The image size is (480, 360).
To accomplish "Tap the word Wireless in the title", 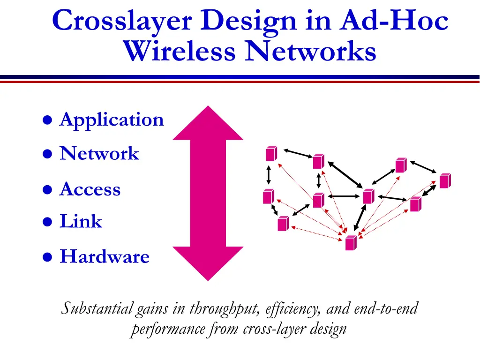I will [x=180, y=52].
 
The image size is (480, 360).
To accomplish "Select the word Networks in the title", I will [x=311, y=52].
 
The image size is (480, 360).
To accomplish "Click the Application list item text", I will [x=112, y=120].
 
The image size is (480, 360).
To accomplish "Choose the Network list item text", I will [x=99, y=154].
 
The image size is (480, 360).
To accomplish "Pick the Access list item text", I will [x=90, y=189].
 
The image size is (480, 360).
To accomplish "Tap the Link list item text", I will [x=81, y=221].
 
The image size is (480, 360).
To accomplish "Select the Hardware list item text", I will [x=105, y=257].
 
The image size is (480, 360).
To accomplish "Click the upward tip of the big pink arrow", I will [x=208, y=109].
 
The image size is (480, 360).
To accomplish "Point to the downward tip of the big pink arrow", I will [x=208, y=277].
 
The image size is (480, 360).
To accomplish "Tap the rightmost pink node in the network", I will [x=445, y=180].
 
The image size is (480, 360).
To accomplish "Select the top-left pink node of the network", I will [x=271, y=154].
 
